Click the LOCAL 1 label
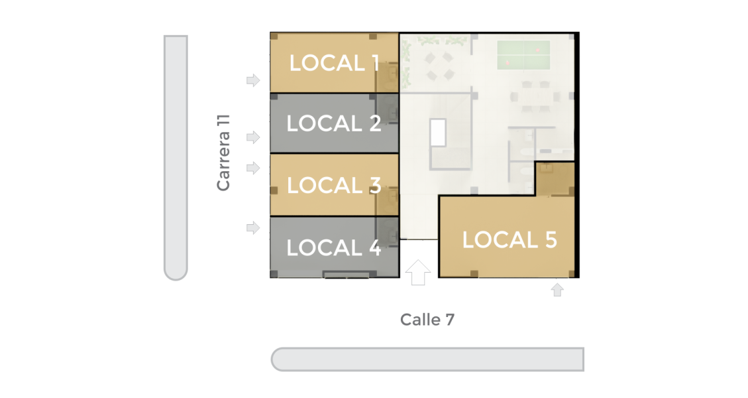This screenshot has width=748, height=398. pos(335,63)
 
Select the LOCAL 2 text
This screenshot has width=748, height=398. pos(335,123)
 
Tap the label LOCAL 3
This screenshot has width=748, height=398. pos(335,185)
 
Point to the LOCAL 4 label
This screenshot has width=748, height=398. pos(335,247)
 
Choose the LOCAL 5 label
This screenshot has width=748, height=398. pos(509,239)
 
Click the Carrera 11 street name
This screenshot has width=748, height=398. pos(224,153)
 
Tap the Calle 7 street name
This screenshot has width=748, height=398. pos(427,320)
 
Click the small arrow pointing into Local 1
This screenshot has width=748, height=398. pos(253,80)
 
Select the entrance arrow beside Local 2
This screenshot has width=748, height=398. pos(253,137)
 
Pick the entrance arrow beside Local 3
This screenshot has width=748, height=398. pos(253,168)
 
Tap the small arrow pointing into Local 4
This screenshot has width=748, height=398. pos(253,228)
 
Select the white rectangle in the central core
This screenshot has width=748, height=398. pos(438,133)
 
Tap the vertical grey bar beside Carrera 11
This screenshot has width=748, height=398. pos(176,157)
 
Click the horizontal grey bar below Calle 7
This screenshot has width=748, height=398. pos(427,359)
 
